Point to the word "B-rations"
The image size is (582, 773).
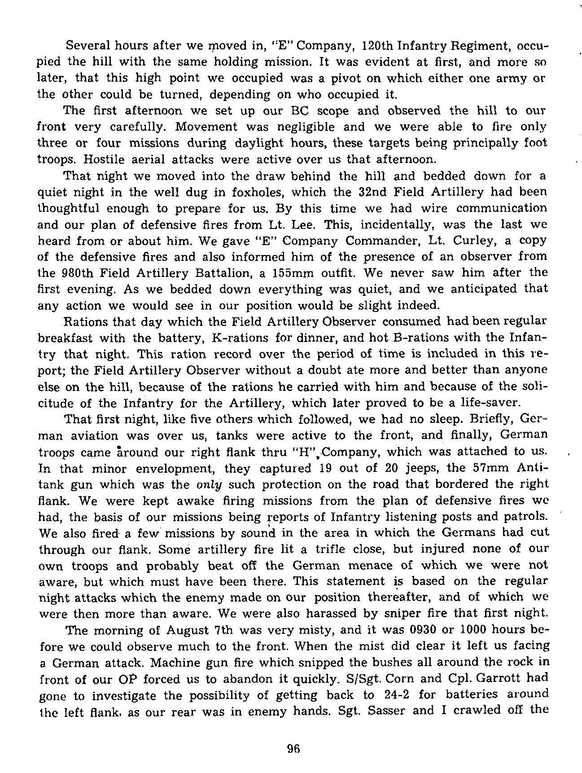415,338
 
